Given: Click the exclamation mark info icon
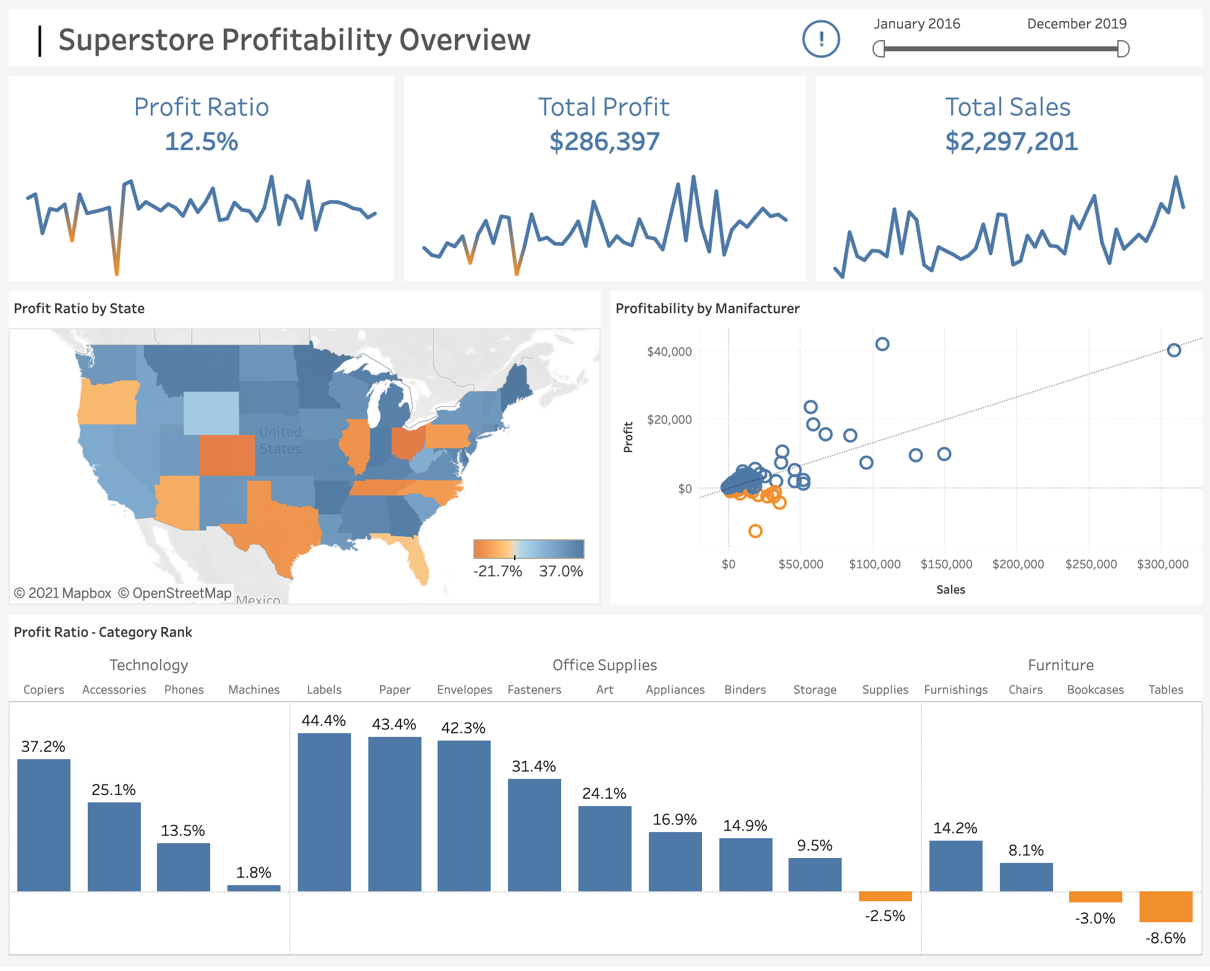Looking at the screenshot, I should (x=821, y=39).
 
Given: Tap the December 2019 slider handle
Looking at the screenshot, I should (x=1123, y=49).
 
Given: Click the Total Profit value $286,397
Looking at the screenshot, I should (x=604, y=141).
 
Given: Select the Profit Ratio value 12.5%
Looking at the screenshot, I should (x=201, y=141).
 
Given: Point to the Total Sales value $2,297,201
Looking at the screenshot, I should (x=1011, y=141).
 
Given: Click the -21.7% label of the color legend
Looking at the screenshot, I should (x=497, y=571).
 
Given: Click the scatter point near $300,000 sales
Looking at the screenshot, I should (x=1174, y=350).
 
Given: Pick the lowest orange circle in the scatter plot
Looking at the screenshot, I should (x=755, y=531).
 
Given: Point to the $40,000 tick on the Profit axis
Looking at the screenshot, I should (x=669, y=351).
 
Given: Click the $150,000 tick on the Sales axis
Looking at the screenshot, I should (x=946, y=564).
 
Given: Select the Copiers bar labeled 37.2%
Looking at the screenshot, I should (x=44, y=825).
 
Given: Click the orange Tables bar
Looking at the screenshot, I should (x=1166, y=906).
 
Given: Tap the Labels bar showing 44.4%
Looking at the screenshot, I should (x=324, y=812).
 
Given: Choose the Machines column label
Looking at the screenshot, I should (x=254, y=689).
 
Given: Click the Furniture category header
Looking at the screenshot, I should (x=1060, y=665).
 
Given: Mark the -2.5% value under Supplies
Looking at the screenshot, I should (x=885, y=915).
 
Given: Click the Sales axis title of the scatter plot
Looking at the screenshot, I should (x=950, y=589).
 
